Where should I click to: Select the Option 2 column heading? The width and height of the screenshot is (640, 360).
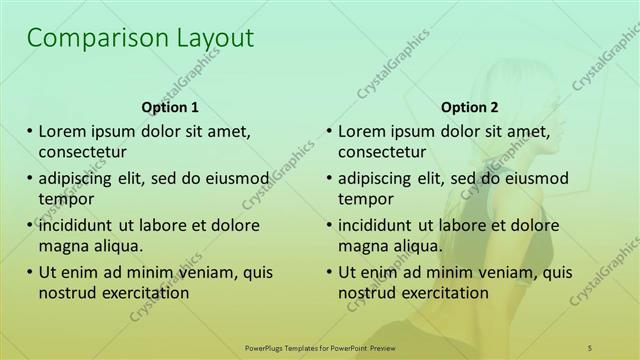point(470,107)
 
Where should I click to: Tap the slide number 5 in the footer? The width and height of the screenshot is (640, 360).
point(590,346)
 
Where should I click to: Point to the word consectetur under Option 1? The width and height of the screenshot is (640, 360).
point(82,152)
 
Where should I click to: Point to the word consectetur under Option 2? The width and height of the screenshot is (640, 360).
point(382,152)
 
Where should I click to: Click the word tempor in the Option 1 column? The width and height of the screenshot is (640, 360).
point(65,199)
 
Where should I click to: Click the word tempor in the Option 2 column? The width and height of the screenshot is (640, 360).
point(365,199)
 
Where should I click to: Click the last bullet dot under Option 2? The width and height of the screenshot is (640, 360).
point(329,271)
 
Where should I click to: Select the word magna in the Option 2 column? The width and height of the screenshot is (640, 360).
point(363,245)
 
